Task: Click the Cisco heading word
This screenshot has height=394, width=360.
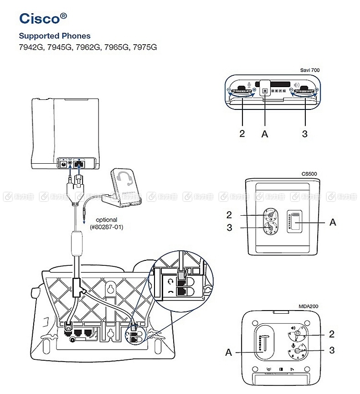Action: click(x=40, y=18)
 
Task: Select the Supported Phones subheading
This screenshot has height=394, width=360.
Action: click(x=55, y=36)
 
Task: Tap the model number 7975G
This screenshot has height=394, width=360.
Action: click(x=144, y=47)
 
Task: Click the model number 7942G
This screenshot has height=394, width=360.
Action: click(x=31, y=47)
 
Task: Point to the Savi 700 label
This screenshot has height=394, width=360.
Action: click(x=310, y=70)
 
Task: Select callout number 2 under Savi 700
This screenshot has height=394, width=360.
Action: click(x=242, y=134)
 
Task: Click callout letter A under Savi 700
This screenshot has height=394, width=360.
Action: click(x=265, y=134)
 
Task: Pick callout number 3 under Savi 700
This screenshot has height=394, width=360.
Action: click(x=304, y=134)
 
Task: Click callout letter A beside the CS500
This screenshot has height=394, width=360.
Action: click(x=333, y=222)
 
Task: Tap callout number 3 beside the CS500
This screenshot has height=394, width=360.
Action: click(x=229, y=228)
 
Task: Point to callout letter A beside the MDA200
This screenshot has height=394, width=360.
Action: click(x=229, y=352)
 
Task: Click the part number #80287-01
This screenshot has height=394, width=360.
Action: click(x=107, y=227)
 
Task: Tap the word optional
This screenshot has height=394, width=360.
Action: click(x=106, y=219)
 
